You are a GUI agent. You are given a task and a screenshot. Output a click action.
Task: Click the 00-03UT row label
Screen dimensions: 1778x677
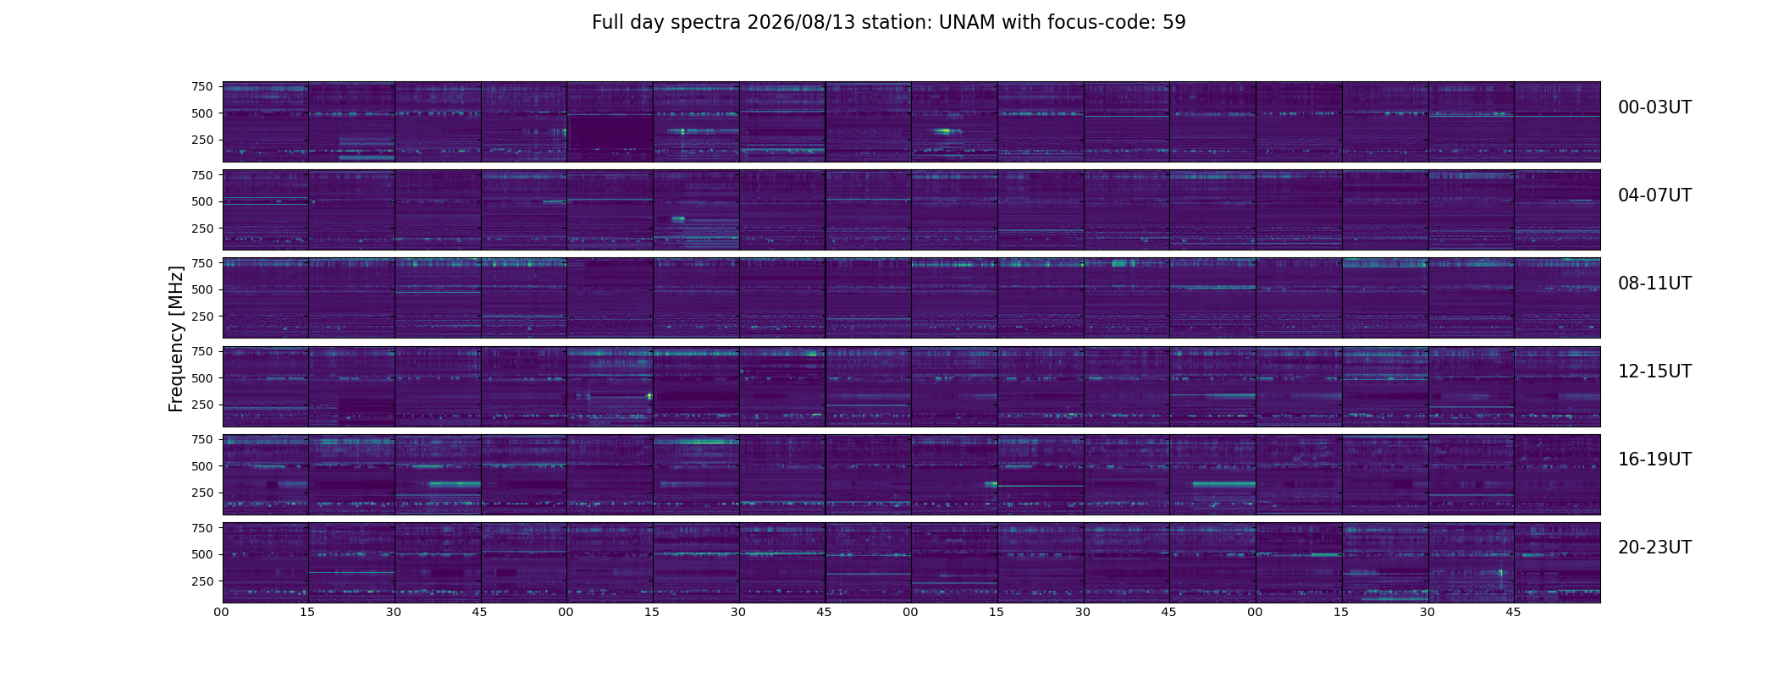pos(1654,107)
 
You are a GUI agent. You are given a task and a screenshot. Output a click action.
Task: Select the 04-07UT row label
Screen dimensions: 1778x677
pos(1654,195)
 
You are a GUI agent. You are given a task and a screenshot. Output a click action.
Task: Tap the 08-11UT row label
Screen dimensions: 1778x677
pos(1654,283)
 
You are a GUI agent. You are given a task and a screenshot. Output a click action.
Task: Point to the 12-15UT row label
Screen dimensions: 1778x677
pos(1654,372)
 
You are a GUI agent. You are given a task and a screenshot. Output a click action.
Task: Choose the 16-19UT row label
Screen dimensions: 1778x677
pos(1654,460)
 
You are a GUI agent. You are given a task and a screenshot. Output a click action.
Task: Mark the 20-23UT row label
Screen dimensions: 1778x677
pos(1654,548)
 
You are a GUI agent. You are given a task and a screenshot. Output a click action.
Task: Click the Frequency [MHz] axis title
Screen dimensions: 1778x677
pos(176,338)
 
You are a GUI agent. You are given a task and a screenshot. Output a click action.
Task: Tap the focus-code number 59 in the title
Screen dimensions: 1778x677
pos(1173,23)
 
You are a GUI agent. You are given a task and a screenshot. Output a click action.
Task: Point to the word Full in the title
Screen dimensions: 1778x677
pos(608,23)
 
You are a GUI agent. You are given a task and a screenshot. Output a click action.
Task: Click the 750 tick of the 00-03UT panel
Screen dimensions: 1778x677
pos(202,86)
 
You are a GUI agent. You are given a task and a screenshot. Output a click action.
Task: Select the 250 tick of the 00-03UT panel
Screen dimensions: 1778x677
pos(202,140)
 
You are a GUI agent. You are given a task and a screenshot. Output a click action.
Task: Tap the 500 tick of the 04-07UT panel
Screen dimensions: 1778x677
pos(202,201)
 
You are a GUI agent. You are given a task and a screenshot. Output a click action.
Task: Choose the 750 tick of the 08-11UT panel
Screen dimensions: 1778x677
pos(202,263)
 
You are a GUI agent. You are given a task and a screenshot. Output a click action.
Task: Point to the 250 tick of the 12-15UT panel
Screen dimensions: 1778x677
pos(202,405)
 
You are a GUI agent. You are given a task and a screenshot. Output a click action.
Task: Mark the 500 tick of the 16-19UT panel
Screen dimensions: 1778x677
pos(202,466)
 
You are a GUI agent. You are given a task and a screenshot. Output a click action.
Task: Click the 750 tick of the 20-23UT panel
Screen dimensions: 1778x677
pos(202,528)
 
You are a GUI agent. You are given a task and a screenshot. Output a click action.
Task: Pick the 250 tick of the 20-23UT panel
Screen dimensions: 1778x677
pos(202,581)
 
